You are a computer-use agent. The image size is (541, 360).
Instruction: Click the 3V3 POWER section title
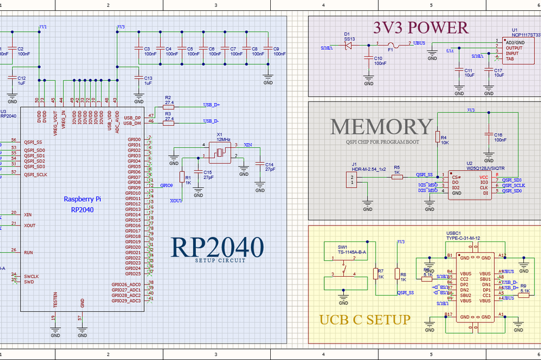point(421,27)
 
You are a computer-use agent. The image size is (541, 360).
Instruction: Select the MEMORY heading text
point(382,126)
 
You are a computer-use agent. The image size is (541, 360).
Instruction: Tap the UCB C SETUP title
point(365,319)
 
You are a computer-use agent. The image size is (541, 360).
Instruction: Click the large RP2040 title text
point(218,247)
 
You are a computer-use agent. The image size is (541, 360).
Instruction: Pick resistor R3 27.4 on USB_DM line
point(169,123)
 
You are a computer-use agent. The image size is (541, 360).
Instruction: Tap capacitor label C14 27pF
point(269,167)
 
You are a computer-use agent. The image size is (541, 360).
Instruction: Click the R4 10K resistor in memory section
point(437,137)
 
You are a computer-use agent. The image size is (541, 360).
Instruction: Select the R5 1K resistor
point(397,177)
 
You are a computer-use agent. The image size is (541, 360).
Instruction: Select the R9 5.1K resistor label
point(523,288)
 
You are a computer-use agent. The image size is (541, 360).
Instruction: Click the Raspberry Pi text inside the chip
point(82,199)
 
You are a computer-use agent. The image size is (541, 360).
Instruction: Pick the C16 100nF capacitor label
point(500,137)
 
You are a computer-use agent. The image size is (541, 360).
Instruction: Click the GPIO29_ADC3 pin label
point(126,300)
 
